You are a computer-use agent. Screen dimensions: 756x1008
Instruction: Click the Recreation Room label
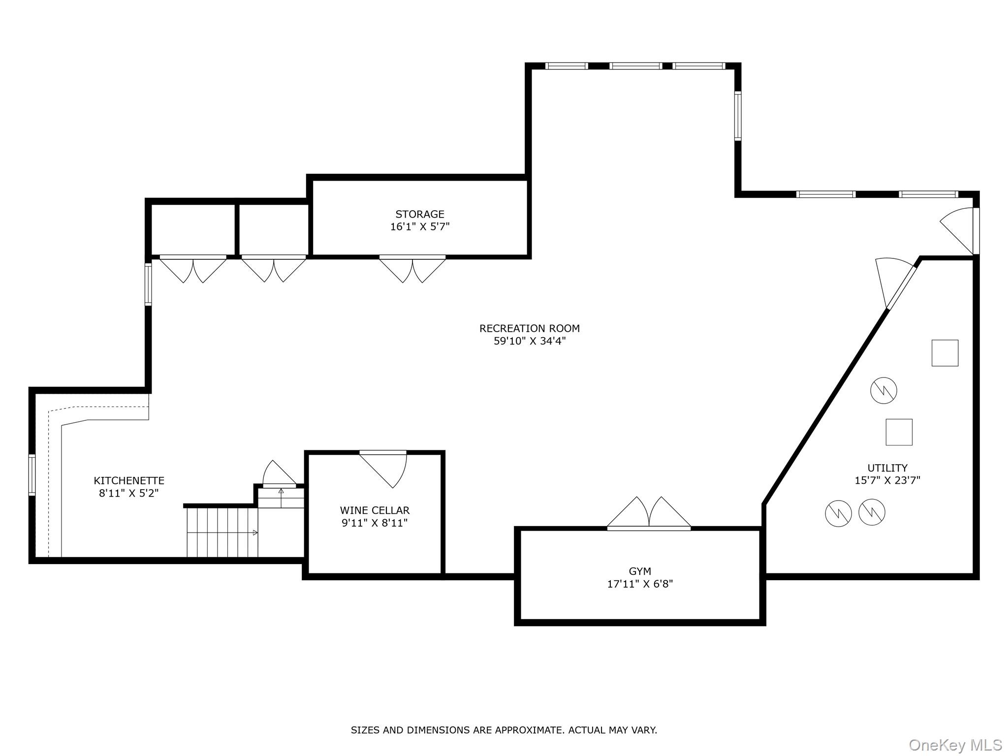[x=529, y=328]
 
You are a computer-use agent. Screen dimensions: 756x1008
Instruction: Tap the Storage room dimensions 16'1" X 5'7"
[x=420, y=227]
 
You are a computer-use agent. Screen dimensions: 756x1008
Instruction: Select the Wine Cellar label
[x=375, y=510]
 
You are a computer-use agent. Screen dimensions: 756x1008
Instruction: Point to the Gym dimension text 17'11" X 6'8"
[x=640, y=584]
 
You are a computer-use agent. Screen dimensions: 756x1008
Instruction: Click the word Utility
[x=887, y=468]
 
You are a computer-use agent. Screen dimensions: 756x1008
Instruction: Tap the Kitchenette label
[x=129, y=480]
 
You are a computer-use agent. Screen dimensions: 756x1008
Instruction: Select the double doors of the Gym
[x=649, y=514]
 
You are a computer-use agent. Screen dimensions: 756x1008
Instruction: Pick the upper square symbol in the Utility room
[x=945, y=353]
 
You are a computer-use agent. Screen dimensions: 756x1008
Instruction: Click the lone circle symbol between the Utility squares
[x=883, y=391]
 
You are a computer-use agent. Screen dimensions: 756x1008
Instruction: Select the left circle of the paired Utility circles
[x=838, y=513]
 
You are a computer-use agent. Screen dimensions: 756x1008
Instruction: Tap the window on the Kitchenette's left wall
[x=32, y=474]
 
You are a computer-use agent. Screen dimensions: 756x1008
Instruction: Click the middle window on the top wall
[x=635, y=66]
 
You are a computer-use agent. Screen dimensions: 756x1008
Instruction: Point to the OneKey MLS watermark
[x=955, y=745]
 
